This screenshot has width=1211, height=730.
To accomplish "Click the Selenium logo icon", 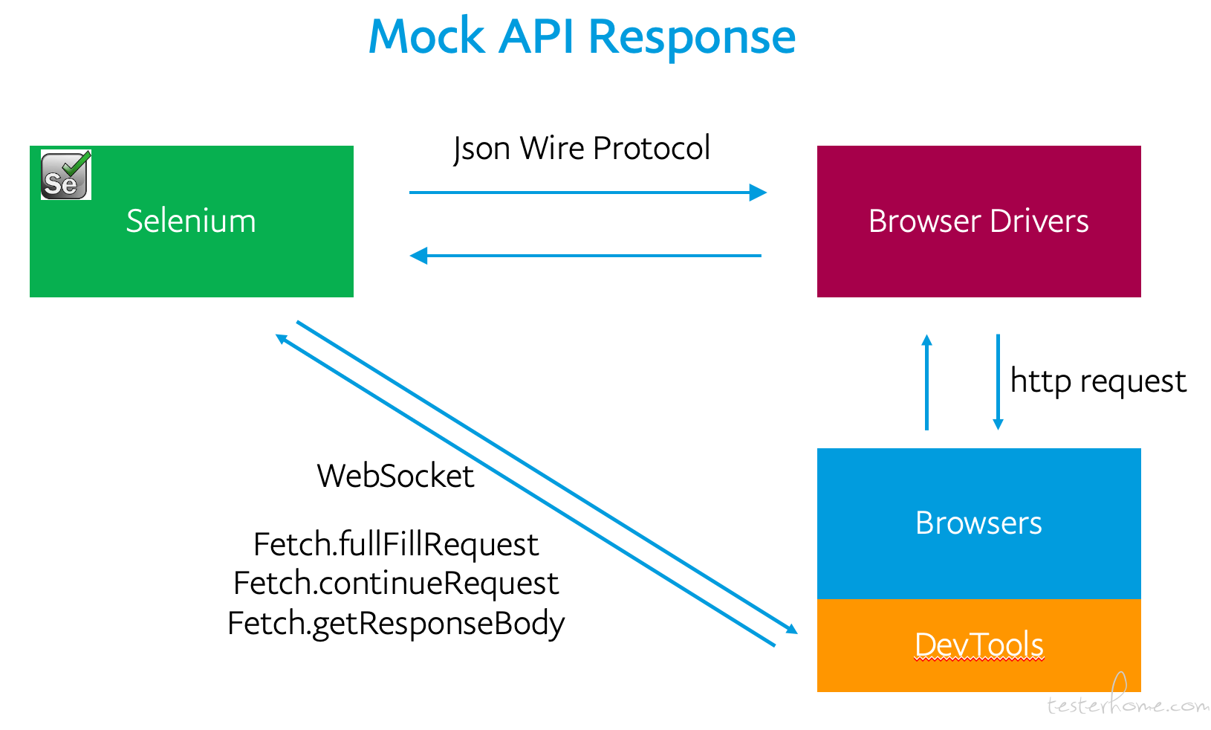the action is tap(66, 175).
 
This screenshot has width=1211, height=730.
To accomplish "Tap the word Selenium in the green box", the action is tap(191, 221).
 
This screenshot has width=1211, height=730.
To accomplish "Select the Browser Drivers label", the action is tap(978, 221).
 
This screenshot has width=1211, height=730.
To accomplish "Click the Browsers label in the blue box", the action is tap(978, 523).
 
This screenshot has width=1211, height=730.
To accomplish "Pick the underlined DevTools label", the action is tap(979, 645).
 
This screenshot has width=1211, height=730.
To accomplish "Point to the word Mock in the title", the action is tap(426, 37).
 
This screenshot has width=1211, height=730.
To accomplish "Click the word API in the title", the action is tap(536, 37).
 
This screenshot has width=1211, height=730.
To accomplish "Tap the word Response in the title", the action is tap(692, 39).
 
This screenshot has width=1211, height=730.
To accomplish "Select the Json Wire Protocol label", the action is tap(582, 148).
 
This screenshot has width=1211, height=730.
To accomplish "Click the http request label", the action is tap(1098, 381).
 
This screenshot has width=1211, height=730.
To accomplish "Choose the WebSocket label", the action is tap(395, 477).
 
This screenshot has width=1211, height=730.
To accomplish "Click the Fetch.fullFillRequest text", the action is tap(396, 544).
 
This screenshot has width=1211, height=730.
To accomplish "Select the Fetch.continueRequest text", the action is tap(396, 584).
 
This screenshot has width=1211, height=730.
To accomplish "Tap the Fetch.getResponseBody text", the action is tap(396, 624).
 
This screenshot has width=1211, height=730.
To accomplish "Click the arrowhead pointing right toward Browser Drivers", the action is tap(758, 192).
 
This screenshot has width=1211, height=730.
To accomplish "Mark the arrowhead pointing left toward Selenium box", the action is tap(418, 256).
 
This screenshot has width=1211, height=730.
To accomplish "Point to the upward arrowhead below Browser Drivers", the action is tap(926, 340).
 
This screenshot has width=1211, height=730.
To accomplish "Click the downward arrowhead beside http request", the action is tap(998, 424).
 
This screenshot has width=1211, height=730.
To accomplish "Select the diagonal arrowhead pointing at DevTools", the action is tap(792, 629).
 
